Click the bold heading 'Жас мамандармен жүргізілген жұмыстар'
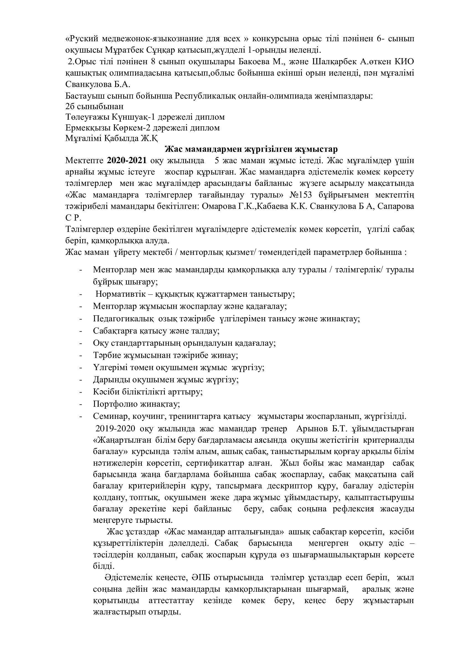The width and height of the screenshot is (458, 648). pos(251,149)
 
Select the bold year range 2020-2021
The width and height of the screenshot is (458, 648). pos(127,160)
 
